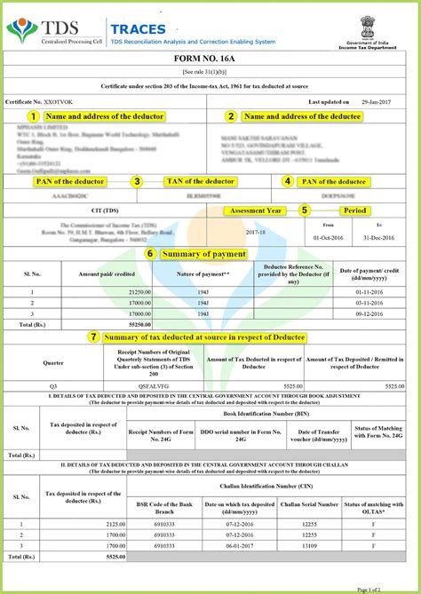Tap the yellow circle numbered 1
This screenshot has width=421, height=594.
coord(33,115)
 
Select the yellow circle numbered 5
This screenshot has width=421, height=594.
coord(305,210)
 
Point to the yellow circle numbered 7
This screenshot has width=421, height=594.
coord(93,337)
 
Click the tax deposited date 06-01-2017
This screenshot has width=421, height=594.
coord(239,547)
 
